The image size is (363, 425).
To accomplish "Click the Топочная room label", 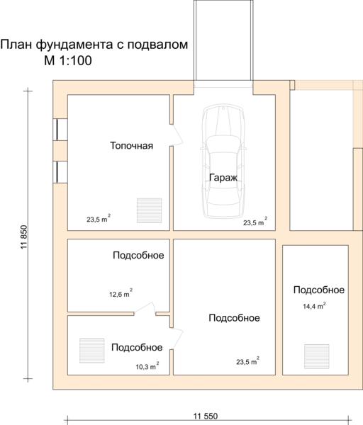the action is pos(131,146).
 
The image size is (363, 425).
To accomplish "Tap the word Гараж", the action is pos(223,178).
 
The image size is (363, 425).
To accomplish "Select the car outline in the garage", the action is pos(223,161).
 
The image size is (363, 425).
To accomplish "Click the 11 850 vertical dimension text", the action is pos(24,237).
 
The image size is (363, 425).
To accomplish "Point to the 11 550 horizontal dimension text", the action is pos(206,416).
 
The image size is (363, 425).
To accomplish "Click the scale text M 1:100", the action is pos(68,60).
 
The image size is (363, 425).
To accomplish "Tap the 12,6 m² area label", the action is pos(121,293).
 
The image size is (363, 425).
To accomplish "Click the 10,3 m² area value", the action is pos(147,366).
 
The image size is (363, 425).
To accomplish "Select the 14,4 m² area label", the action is pos(314,306).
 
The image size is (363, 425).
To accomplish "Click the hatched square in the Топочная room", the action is pos(149,210).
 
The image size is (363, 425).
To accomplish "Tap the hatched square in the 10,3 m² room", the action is pos(92,351).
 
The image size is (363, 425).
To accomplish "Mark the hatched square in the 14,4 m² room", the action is pos(317,356).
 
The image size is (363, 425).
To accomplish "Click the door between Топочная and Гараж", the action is pos(177,135).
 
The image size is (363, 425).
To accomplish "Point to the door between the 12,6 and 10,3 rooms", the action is pos(145,309).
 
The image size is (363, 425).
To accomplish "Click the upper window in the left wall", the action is pos(60,130).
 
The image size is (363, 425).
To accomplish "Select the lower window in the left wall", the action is pos(60,172).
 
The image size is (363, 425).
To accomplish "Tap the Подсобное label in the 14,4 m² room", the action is pos(319,290).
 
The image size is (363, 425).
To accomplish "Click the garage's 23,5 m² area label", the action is pos(255,222).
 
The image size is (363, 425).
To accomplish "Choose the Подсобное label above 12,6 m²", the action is pos(138,255).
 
